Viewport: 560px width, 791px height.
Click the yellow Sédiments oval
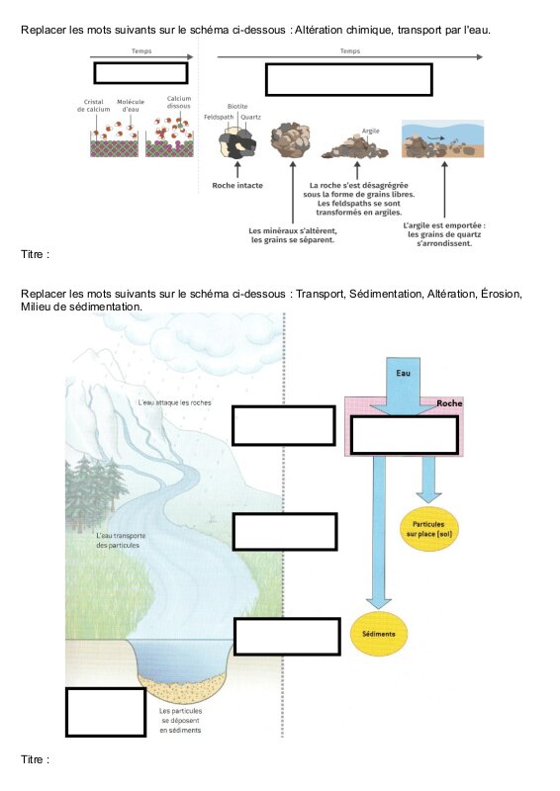[x=378, y=634]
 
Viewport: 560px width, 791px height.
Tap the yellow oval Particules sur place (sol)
[x=428, y=529]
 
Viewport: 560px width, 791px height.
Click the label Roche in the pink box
[x=449, y=403]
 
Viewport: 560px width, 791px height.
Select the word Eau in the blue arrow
[x=403, y=373]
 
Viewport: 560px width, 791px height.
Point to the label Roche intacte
[x=237, y=185]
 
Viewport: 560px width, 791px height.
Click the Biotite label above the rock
[x=237, y=107]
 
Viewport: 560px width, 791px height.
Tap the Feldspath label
[x=219, y=117]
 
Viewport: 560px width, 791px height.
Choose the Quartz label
[x=251, y=117]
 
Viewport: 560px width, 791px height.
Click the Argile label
[x=370, y=131]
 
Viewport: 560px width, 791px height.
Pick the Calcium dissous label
[x=179, y=102]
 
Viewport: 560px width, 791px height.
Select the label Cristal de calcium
[x=93, y=105]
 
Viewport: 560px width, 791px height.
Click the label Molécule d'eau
[x=131, y=105]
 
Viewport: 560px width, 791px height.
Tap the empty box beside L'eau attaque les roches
[x=283, y=425]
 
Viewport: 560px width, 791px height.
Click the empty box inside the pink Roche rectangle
[x=404, y=434]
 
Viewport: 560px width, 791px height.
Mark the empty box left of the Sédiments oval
[x=287, y=636]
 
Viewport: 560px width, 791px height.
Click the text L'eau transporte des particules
[x=121, y=540]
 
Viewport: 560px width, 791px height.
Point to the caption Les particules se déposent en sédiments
[x=180, y=721]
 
